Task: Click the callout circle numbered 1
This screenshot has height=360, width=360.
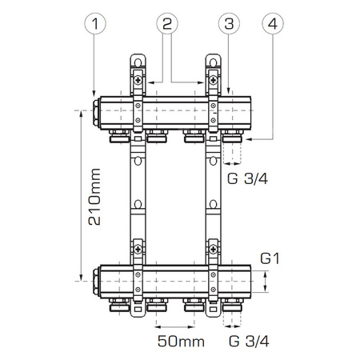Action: (95, 24)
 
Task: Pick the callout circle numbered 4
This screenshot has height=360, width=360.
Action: (274, 24)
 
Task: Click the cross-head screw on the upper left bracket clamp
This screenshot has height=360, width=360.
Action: (139, 82)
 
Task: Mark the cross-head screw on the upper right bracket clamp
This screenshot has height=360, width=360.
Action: (214, 82)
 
